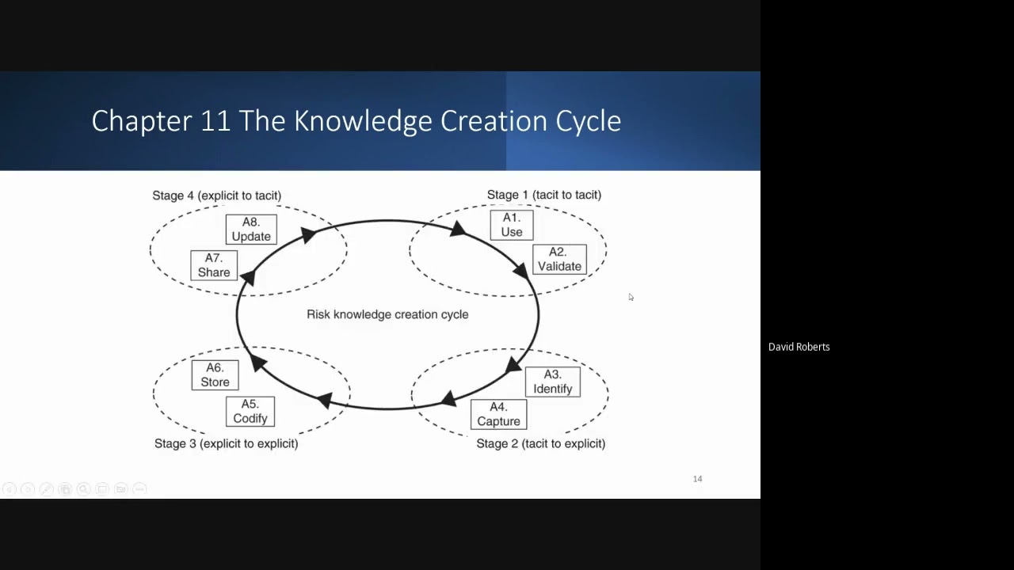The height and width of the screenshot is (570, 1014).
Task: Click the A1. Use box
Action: coord(512,225)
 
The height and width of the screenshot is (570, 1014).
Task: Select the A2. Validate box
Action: coord(559,260)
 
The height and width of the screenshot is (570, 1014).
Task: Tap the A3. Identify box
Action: coord(552,382)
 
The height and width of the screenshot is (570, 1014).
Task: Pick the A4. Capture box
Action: coord(498,415)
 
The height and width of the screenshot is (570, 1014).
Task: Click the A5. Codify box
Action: coord(250,412)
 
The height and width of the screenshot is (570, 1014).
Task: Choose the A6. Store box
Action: coord(215,375)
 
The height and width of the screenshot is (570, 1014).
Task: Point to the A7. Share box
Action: coord(214,265)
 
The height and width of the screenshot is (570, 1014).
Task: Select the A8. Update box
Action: coord(251,230)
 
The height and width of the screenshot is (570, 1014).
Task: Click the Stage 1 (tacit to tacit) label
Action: coord(543,195)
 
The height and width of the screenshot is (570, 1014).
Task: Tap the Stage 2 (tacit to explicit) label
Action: coord(540,443)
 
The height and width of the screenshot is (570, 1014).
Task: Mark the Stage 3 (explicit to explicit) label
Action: coord(226,443)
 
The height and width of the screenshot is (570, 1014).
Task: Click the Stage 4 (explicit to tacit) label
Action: coord(216,196)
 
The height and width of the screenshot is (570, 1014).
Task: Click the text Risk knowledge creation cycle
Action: coord(387,314)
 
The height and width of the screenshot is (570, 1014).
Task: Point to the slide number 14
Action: coord(697,479)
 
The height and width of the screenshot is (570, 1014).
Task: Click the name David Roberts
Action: coord(799,347)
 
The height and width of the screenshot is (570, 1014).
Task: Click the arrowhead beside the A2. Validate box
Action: coord(521,272)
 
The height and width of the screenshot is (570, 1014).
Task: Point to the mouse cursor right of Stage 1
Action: coord(631,297)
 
